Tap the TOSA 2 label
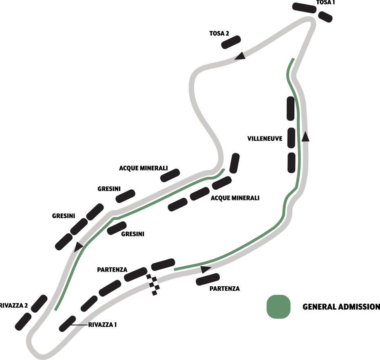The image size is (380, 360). [x=219, y=33]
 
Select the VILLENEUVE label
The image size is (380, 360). [x=265, y=138]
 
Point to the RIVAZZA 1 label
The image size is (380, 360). [x=103, y=325]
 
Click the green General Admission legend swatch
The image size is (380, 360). [x=278, y=307]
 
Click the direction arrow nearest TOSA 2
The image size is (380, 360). [x=240, y=55]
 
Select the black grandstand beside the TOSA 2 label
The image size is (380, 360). [x=231, y=42]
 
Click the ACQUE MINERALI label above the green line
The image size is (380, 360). [x=149, y=168]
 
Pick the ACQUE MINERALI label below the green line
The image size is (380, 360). [x=235, y=198]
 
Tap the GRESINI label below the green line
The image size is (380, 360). [x=133, y=234]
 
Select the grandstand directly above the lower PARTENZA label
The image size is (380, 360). [x=208, y=279]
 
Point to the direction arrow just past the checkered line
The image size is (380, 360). [x=206, y=269]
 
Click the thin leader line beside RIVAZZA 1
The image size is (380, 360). [x=80, y=325]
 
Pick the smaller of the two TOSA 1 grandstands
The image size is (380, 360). [x=325, y=17]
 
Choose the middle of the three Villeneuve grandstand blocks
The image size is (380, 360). [x=291, y=138]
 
